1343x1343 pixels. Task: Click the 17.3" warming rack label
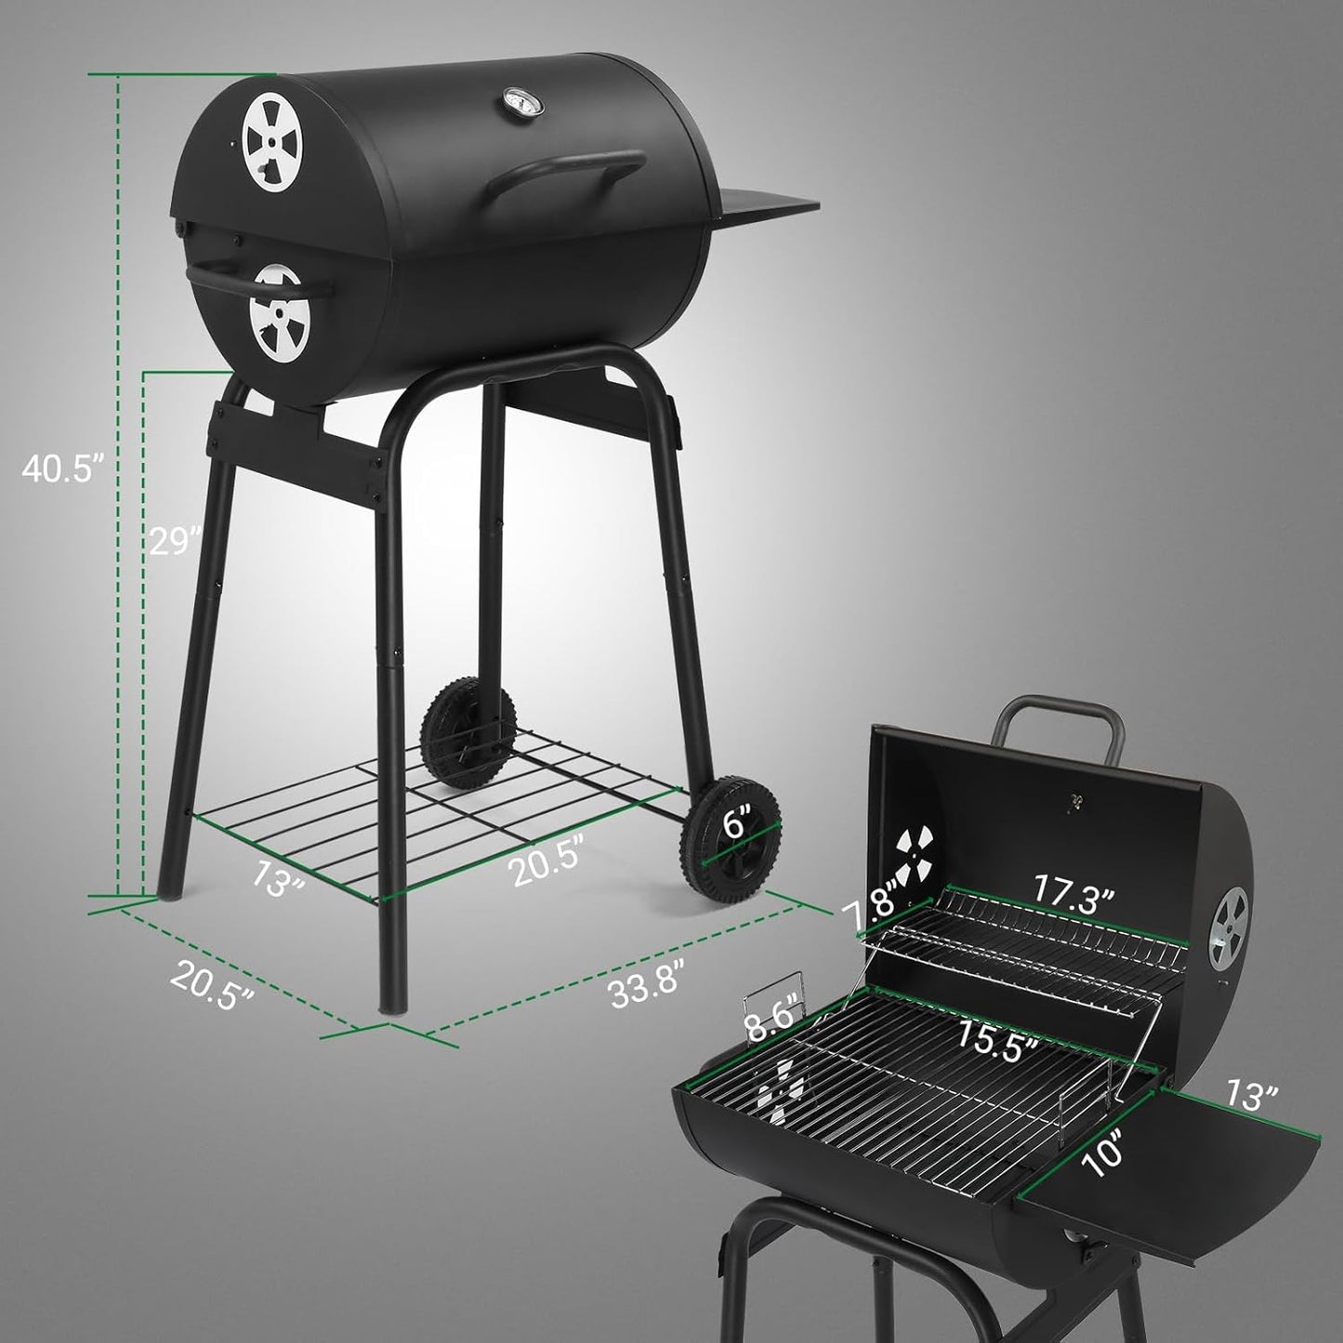[x=1073, y=899]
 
